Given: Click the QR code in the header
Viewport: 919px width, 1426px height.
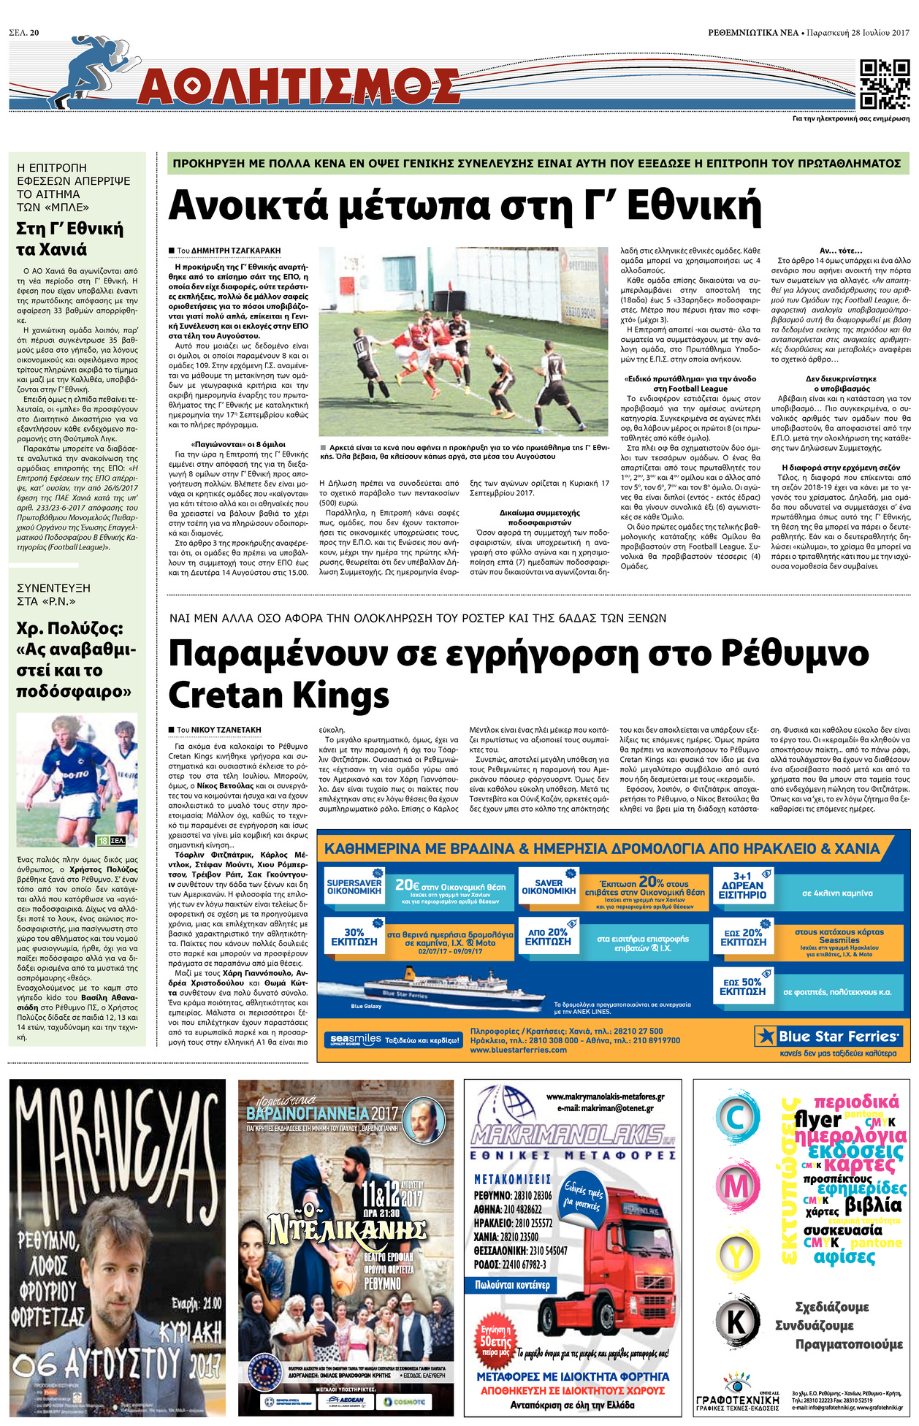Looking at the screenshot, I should tap(885, 85).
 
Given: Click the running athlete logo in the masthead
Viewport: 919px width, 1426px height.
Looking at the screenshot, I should tap(91, 73).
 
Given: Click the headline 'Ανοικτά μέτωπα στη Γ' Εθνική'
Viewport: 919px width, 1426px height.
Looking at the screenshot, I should tap(465, 207).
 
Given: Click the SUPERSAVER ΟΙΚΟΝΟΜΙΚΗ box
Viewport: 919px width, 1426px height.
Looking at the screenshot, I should tap(354, 887).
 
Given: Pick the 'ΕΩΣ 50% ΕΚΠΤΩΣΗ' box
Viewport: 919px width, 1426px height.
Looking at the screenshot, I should tap(742, 987).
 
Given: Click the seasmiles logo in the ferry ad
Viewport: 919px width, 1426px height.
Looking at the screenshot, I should tap(356, 1039).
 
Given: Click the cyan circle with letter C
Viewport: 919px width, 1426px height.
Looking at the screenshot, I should tap(736, 1118).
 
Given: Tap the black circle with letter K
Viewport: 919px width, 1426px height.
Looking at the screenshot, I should tap(736, 1322).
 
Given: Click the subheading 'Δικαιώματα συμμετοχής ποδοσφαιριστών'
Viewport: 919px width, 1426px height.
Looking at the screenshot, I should tap(540, 517).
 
